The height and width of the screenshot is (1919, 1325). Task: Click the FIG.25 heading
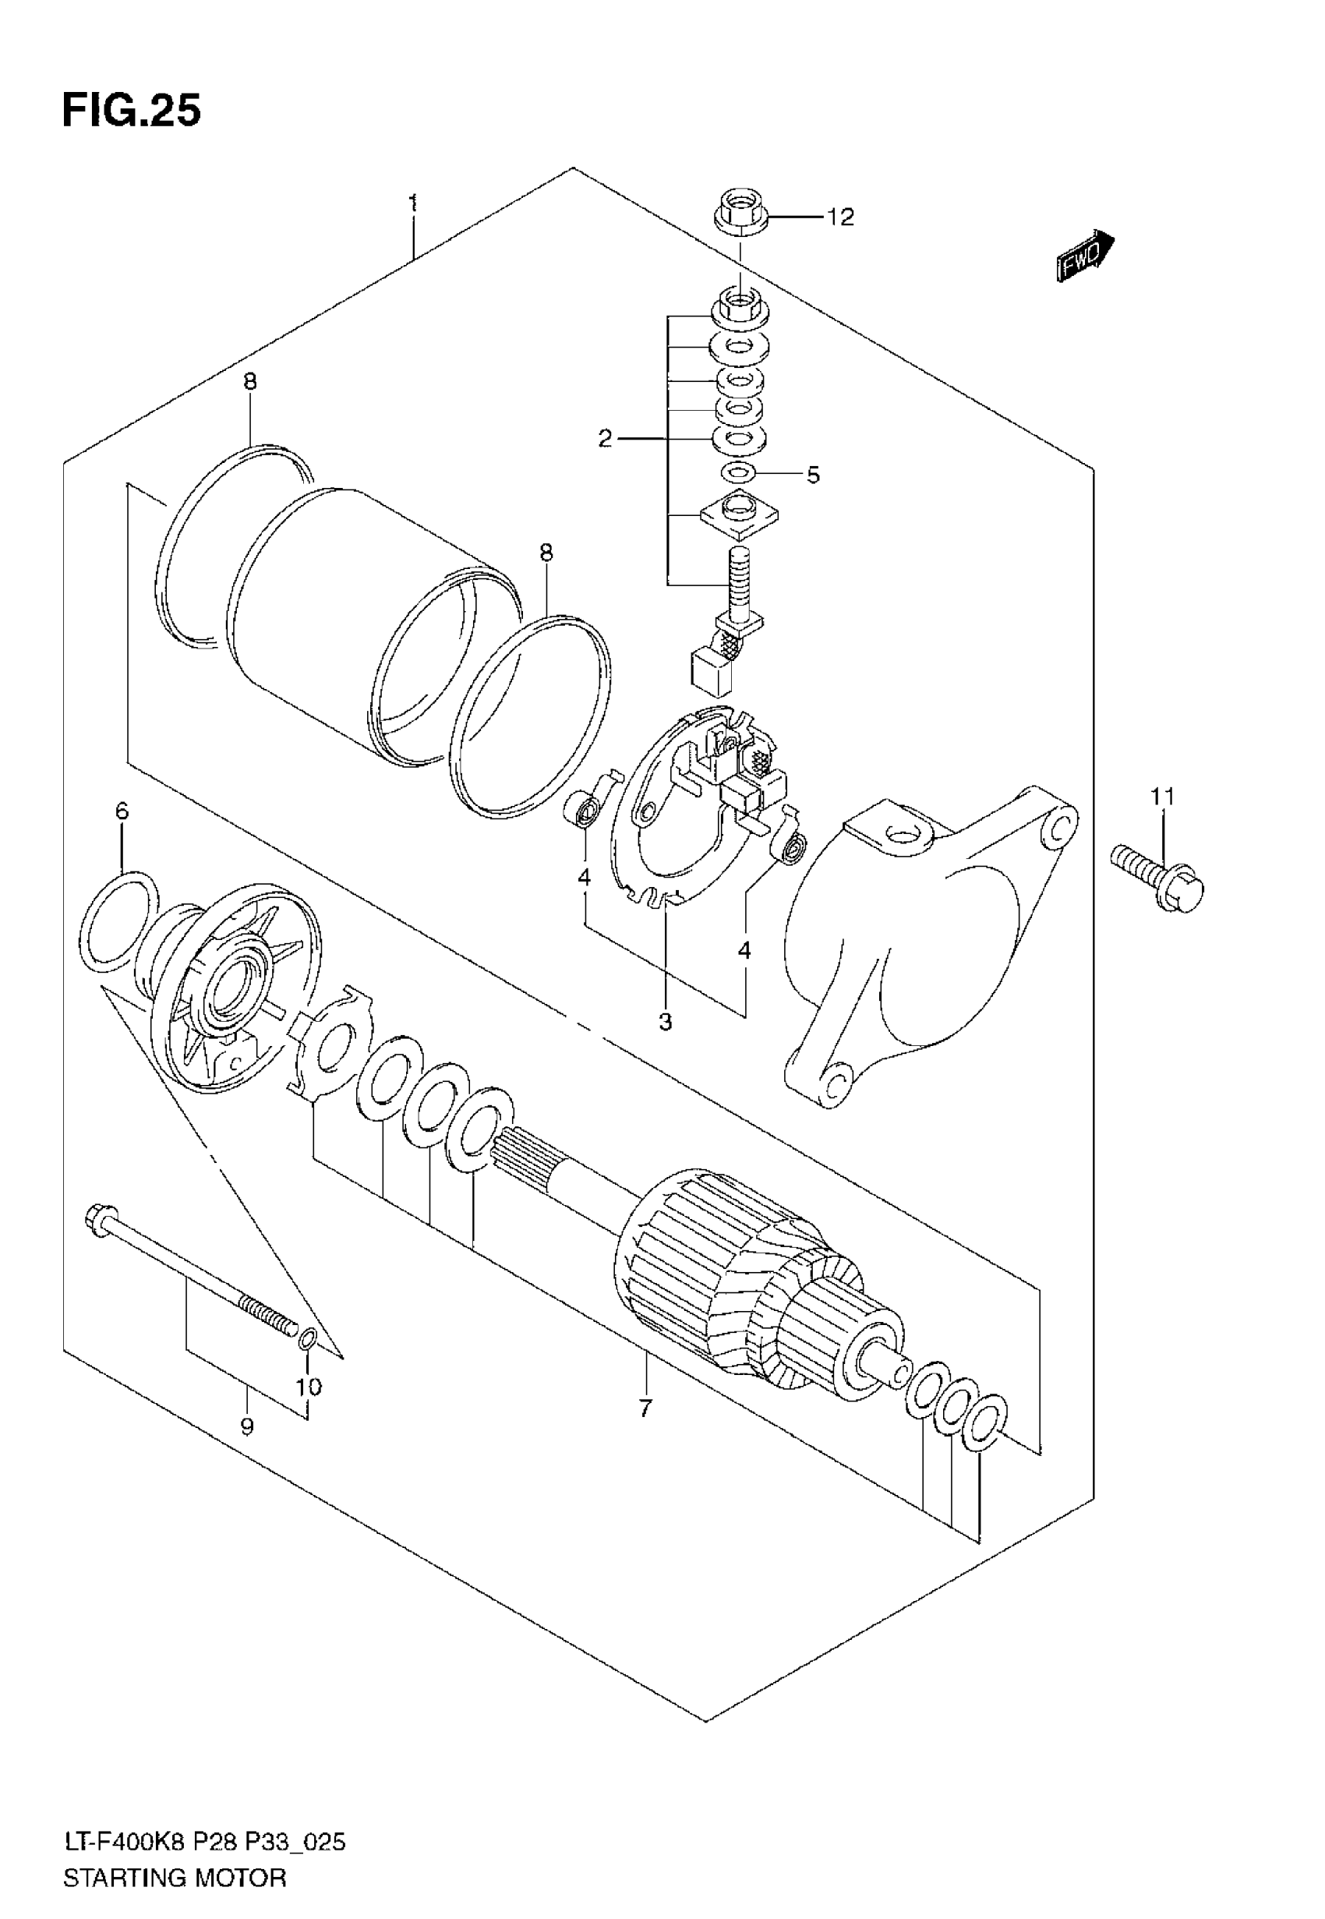tap(131, 111)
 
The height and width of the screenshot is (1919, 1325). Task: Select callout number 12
tap(839, 217)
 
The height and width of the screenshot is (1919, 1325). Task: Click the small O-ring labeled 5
tap(737, 473)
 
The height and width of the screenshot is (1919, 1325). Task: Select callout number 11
tap(1162, 796)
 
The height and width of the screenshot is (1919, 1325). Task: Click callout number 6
tap(122, 810)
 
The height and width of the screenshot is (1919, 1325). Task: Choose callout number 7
tap(646, 1408)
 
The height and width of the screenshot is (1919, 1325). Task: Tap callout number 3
tap(665, 1023)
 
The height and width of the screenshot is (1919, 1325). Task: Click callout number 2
tap(606, 438)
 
